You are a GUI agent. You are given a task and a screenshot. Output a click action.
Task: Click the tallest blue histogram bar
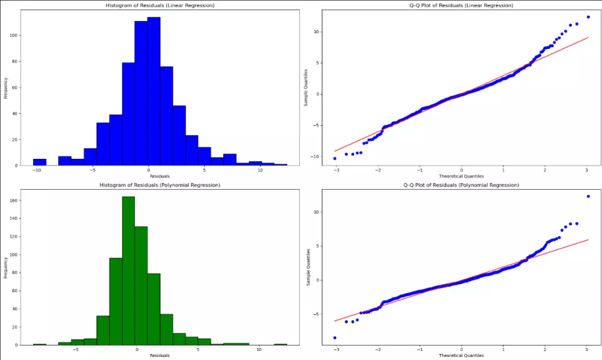point(154,90)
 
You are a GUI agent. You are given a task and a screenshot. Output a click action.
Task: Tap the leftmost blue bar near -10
point(39,162)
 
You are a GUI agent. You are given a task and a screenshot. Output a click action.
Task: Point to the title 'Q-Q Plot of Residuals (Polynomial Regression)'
point(461,185)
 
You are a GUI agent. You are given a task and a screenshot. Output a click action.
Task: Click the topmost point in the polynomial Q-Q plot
point(588,196)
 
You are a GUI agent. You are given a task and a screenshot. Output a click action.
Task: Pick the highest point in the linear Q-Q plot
point(588,17)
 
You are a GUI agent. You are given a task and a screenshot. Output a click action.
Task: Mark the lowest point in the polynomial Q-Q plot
point(335,338)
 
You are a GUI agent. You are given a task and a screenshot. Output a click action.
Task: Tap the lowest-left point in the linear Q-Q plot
point(335,158)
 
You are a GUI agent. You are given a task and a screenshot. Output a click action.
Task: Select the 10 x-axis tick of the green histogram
point(259,350)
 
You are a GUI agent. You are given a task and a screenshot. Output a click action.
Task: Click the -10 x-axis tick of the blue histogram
point(37,170)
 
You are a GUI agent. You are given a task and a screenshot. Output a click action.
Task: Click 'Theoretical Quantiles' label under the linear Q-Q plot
point(461,176)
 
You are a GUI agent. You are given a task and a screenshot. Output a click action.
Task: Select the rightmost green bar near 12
point(281,344)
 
